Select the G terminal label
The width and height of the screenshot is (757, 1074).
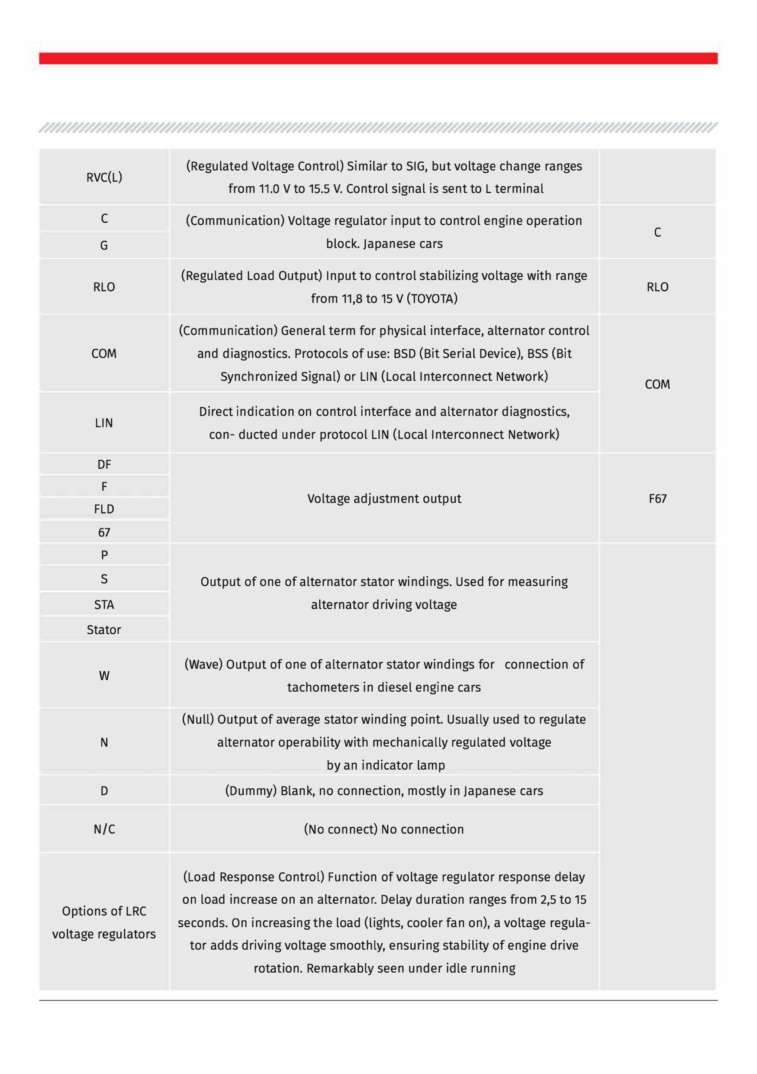[x=104, y=245]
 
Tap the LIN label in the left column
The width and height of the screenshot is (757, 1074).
[x=104, y=423]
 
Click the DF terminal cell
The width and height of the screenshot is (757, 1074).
[x=104, y=464]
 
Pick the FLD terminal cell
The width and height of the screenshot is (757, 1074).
[x=104, y=509]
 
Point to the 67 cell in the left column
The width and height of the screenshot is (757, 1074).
[x=104, y=532]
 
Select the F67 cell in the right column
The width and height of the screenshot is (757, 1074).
[x=657, y=499]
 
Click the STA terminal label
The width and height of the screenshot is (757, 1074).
[x=104, y=605]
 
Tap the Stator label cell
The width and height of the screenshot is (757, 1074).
[x=104, y=629]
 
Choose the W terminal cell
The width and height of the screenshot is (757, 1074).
[x=104, y=675]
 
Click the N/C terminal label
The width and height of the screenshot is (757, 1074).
[x=104, y=829]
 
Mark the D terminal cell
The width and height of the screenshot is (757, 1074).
[x=104, y=791]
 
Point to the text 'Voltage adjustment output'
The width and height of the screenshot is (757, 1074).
[x=384, y=499]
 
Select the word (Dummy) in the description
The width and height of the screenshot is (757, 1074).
[x=251, y=791]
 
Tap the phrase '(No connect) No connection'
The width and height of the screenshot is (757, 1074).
[x=384, y=829]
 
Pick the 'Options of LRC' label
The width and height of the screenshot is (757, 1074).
[x=104, y=911]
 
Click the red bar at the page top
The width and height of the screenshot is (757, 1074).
[x=378, y=58]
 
